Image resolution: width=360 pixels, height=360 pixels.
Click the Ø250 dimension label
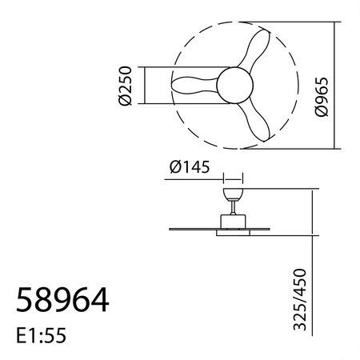point(124,86)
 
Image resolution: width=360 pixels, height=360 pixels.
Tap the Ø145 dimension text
point(190,168)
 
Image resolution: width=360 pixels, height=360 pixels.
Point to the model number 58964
point(62,301)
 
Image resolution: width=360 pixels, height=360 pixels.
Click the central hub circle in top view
point(234,84)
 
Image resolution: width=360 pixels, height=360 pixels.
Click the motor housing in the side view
point(233,222)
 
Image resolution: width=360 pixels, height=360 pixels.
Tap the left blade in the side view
point(192,230)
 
